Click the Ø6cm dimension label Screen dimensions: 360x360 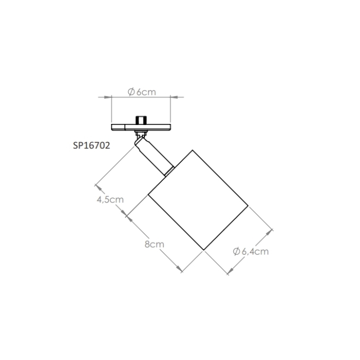(142, 92)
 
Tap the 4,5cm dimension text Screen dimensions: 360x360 (110, 200)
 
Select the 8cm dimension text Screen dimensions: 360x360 (154, 244)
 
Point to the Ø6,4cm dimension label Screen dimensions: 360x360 (251, 251)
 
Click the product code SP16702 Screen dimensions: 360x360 (92, 146)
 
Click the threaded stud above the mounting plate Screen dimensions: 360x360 (141, 120)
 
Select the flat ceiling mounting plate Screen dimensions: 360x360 (141, 128)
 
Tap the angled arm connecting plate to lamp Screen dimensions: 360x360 (154, 156)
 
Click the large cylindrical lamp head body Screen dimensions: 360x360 (198, 200)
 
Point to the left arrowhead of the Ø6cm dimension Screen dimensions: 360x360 (107, 97)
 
